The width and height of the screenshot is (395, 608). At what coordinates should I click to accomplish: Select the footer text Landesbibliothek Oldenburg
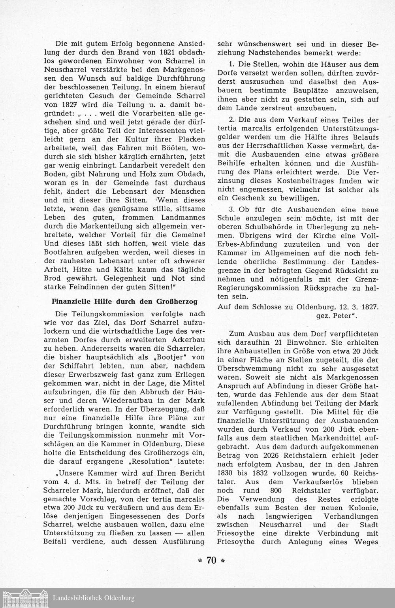pyautogui.click(x=93, y=598)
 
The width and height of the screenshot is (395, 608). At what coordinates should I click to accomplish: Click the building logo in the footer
pyautogui.click(x=26, y=597)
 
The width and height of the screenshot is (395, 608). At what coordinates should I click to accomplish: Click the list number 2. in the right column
pyautogui.click(x=232, y=120)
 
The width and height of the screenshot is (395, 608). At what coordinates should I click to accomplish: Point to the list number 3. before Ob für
pyautogui.click(x=232, y=209)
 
